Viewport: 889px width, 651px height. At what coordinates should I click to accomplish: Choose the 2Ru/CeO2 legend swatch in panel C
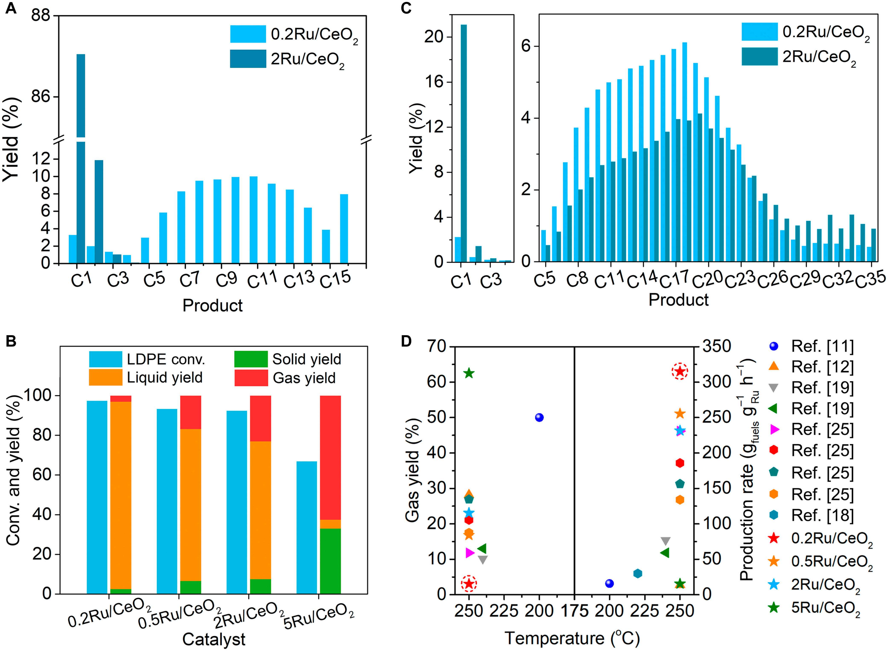pyautogui.click(x=759, y=56)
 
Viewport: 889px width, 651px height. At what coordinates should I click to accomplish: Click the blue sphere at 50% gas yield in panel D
pyautogui.click(x=539, y=417)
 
